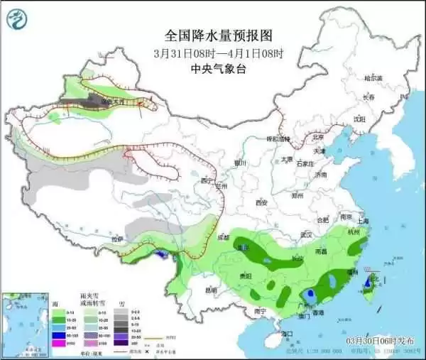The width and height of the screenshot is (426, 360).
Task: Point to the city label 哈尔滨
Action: [372, 77]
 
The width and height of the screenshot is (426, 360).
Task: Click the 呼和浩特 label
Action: [279, 139]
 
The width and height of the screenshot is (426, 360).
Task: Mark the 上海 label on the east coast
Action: [363, 221]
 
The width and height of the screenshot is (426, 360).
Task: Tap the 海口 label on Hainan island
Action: [287, 333]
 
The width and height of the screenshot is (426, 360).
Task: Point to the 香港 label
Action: [319, 312]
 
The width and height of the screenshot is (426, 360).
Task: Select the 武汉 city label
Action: [306, 234]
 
